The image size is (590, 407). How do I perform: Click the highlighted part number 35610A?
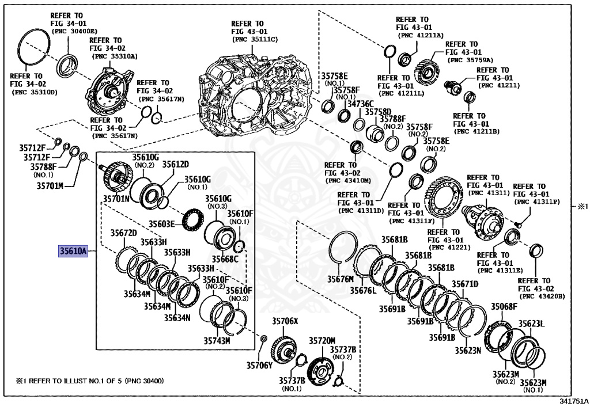tap(72, 251)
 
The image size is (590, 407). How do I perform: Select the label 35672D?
tap(124, 233)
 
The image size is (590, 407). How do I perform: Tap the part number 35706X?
tap(285, 321)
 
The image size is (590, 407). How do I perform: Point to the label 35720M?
tap(322, 340)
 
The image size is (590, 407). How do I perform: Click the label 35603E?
tap(162, 223)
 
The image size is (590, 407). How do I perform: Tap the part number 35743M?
tap(217, 340)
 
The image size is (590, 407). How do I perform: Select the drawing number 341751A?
tap(574, 401)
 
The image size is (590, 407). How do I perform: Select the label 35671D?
tap(464, 284)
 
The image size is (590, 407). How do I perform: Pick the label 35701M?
tap(50, 185)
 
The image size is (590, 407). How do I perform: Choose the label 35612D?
tap(175, 164)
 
